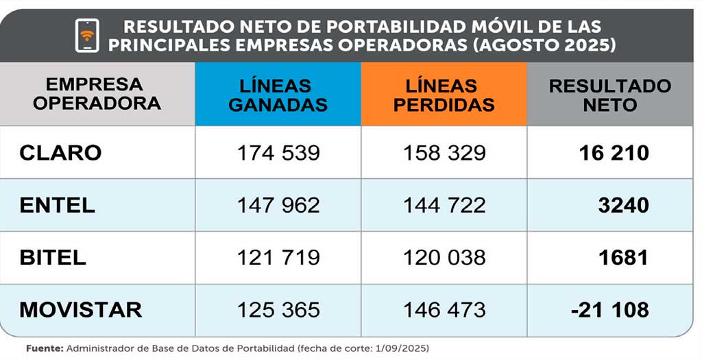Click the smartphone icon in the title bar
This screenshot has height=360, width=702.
coord(87,35)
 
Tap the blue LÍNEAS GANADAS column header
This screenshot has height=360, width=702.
coord(278,95)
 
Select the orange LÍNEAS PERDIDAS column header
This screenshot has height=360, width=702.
coord(444,95)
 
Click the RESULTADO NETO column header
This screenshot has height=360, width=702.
coord(610,95)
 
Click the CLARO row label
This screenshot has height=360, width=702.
coord(60,152)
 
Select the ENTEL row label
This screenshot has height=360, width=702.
coord(58,205)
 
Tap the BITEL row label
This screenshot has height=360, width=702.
coord(53,257)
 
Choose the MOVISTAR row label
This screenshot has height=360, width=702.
coord(80,309)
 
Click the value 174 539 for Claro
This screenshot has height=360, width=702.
coord(278,152)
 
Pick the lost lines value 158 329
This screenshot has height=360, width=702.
coord(444,152)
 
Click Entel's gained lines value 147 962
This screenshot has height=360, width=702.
coord(278,205)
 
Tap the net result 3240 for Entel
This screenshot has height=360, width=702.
coord(623,205)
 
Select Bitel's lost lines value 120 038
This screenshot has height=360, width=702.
coord(444,257)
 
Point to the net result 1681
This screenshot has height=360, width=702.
coord(623,257)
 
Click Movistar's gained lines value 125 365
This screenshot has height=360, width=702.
coord(278,309)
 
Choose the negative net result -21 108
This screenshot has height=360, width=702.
coord(609,309)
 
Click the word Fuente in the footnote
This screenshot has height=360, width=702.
coord(44,348)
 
